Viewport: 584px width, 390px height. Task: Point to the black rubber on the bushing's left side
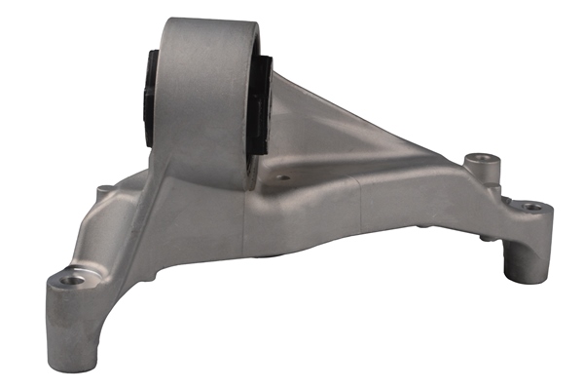tap(148, 97)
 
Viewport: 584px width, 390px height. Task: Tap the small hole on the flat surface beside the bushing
tap(283, 178)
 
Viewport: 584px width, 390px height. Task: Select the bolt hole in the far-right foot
tap(532, 207)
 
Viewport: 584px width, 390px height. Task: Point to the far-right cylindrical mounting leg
tap(524, 244)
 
